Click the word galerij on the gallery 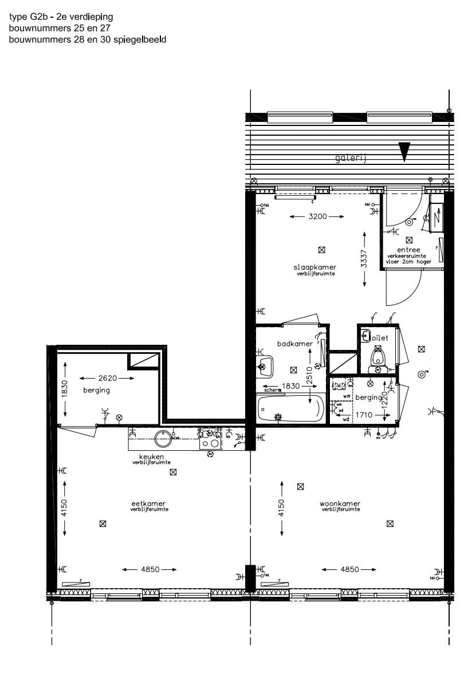click(x=351, y=159)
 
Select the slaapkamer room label click(x=314, y=267)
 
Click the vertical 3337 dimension click(x=364, y=259)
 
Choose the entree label click(x=411, y=250)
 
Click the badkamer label click(x=294, y=344)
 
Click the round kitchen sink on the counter click(x=163, y=439)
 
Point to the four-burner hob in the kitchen click(x=210, y=439)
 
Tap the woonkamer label click(x=340, y=504)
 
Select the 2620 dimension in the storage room click(x=107, y=378)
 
